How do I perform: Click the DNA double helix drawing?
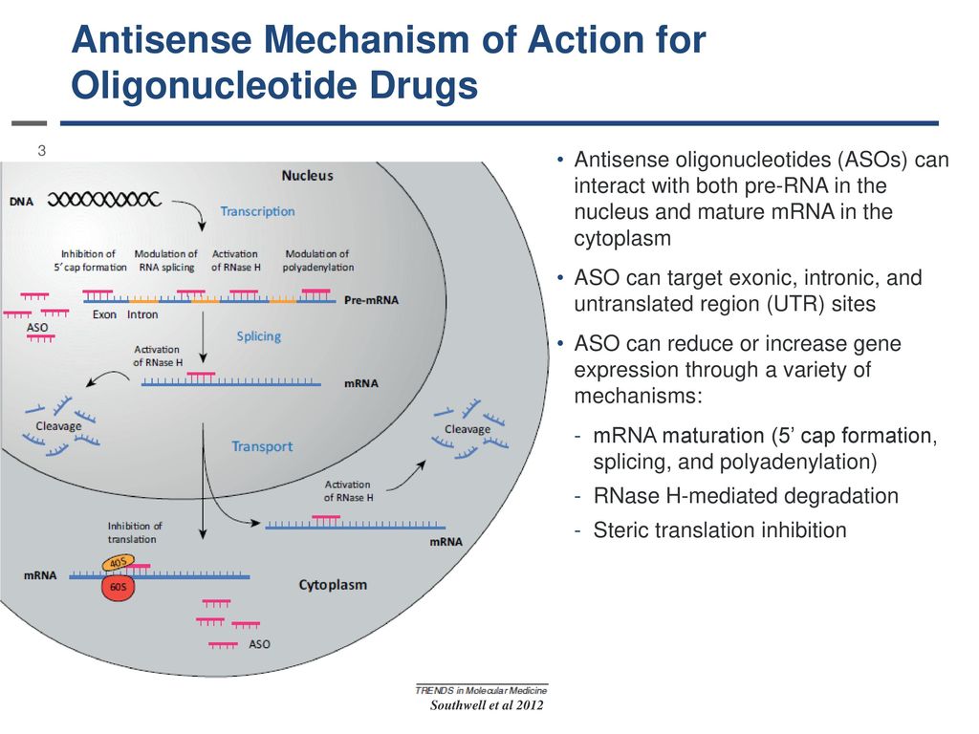click(x=104, y=200)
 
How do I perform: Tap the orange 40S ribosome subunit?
click(x=118, y=562)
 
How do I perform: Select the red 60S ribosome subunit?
click(x=118, y=587)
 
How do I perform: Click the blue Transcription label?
click(x=257, y=211)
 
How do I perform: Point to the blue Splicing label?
click(x=258, y=336)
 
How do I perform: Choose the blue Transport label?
click(x=262, y=446)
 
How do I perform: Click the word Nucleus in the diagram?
click(x=307, y=176)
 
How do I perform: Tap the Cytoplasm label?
click(x=333, y=585)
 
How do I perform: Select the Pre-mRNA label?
click(x=371, y=299)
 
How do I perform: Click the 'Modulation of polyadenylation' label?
click(x=317, y=260)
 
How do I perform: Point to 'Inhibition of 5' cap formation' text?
click(x=90, y=260)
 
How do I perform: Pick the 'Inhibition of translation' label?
click(x=134, y=532)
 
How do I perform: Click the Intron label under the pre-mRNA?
click(x=142, y=314)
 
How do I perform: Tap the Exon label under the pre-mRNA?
click(x=104, y=314)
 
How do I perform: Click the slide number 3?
click(x=42, y=150)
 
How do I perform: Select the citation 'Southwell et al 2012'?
click(x=487, y=705)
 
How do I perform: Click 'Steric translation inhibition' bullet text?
click(x=720, y=529)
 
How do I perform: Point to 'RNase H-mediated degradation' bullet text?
click(x=746, y=496)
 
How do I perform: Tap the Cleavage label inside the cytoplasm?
click(x=467, y=429)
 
